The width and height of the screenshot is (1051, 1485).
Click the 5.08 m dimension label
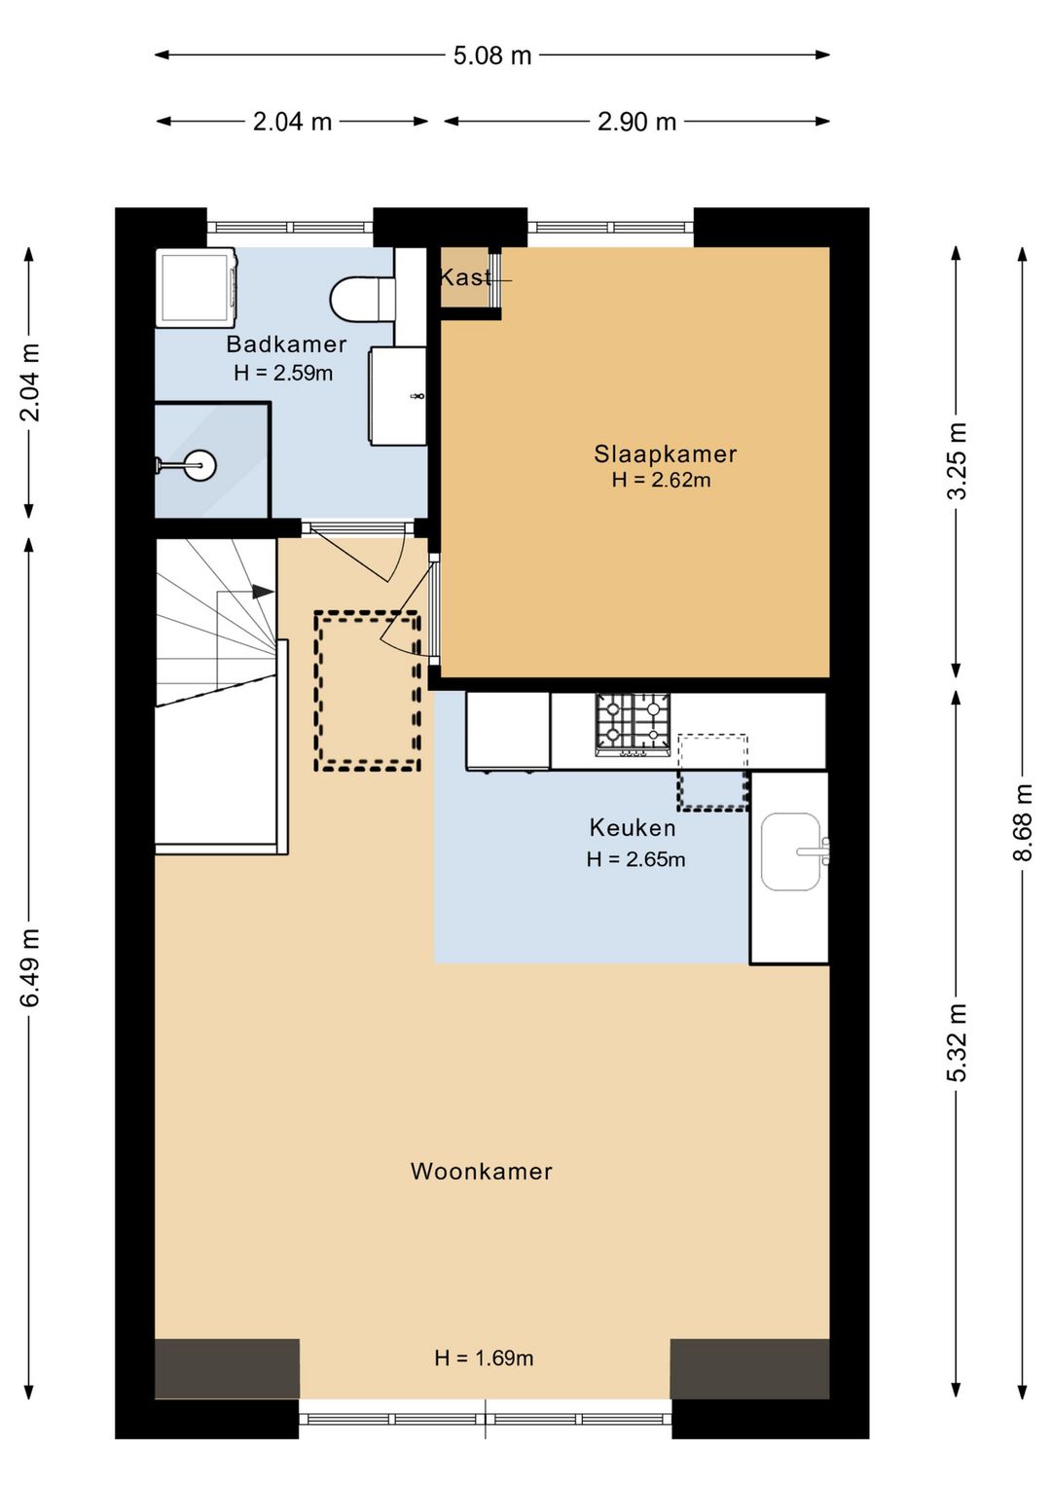click(x=492, y=55)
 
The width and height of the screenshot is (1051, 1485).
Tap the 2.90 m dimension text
click(x=636, y=122)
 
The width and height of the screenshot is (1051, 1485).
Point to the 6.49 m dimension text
click(x=30, y=967)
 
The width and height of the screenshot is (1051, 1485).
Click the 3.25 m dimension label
click(x=957, y=460)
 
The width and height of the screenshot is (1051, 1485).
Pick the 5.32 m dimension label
click(x=957, y=1043)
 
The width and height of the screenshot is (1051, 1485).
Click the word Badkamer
click(x=286, y=344)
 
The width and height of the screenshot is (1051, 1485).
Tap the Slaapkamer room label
click(x=665, y=454)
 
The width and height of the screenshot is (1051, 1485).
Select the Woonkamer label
click(x=482, y=1171)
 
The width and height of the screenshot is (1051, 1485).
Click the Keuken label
click(x=633, y=827)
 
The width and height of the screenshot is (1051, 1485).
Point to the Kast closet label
click(x=466, y=277)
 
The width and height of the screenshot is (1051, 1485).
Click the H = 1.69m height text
click(x=484, y=1358)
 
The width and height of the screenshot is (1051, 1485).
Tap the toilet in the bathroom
click(x=363, y=299)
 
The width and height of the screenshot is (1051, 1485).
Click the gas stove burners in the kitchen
click(x=633, y=724)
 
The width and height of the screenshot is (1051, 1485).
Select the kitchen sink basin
click(x=790, y=851)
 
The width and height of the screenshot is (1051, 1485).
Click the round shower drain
click(x=199, y=465)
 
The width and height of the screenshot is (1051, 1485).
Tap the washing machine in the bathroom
click(x=197, y=287)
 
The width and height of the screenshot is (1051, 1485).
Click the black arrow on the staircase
click(x=262, y=592)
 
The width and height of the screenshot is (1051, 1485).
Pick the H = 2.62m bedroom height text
click(x=661, y=480)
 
